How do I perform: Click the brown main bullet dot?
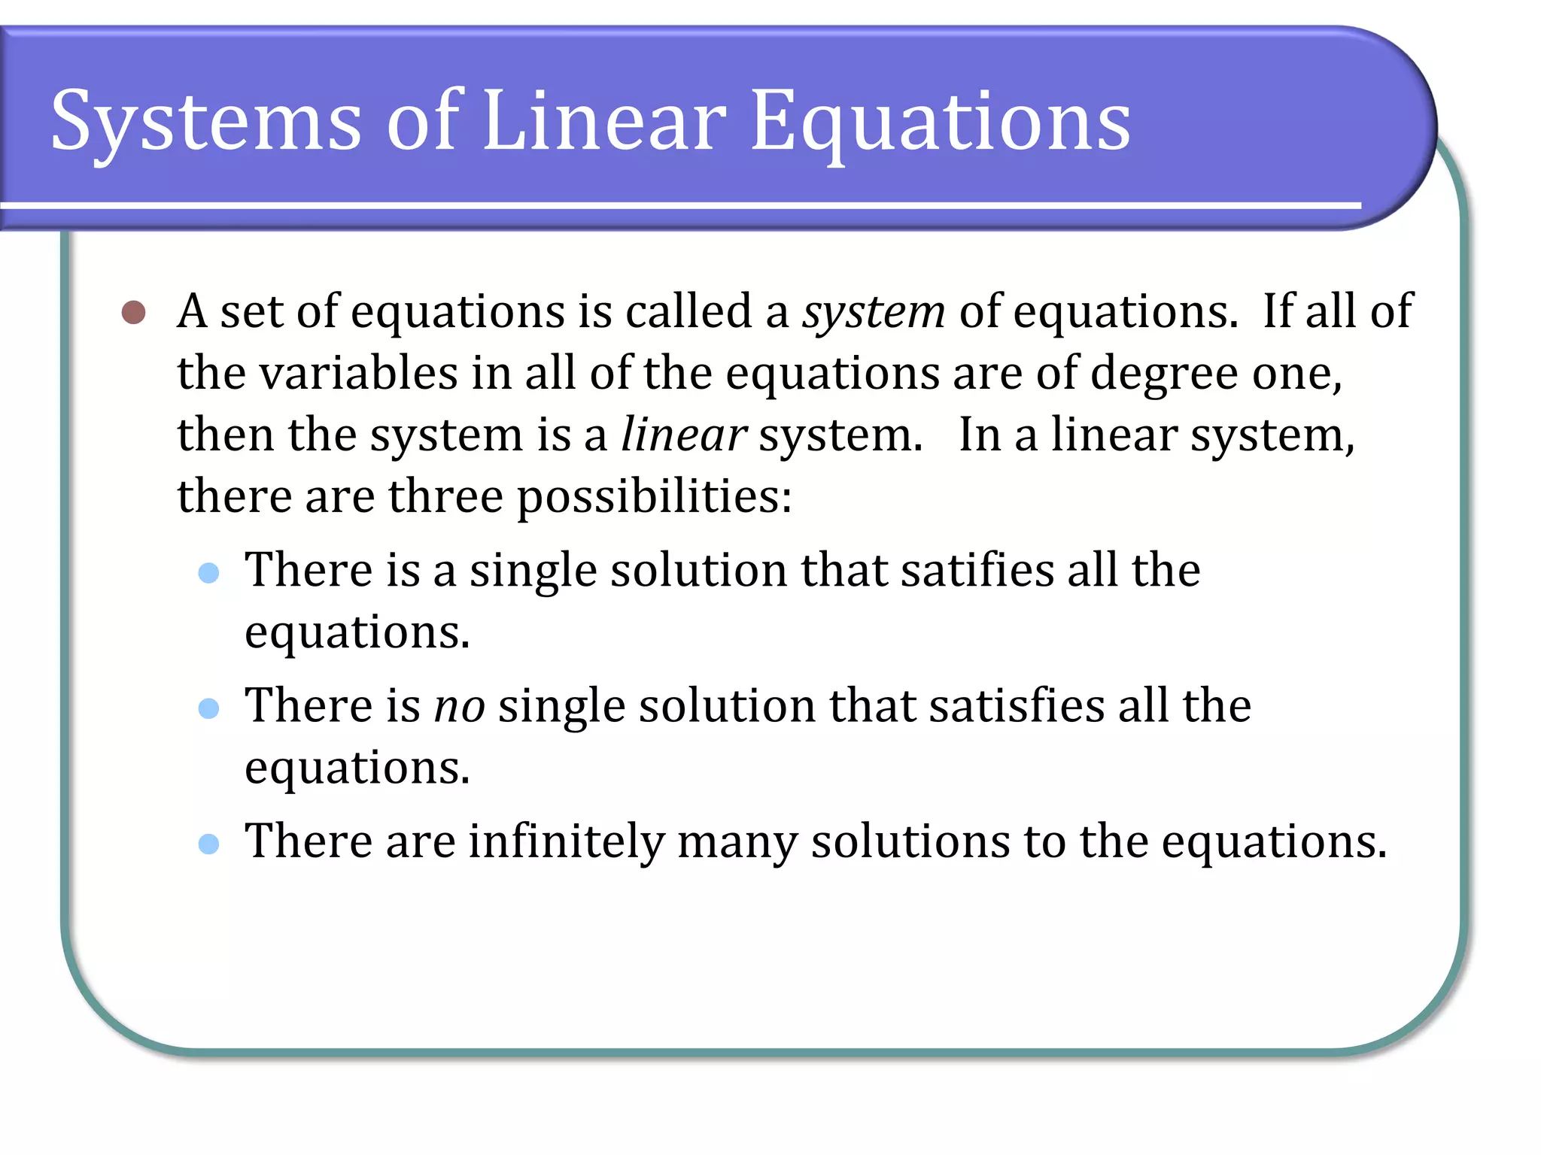(133, 312)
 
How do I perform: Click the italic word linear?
(683, 435)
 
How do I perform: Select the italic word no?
(460, 706)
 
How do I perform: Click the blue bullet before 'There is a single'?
(208, 574)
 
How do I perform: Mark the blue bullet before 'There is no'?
(208, 708)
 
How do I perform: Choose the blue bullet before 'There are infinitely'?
(208, 844)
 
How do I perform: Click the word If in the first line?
(1277, 311)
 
